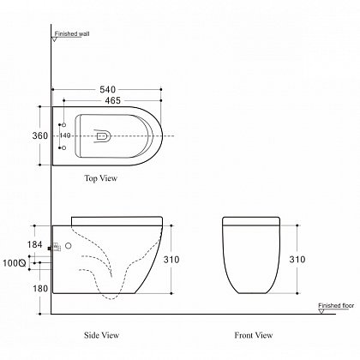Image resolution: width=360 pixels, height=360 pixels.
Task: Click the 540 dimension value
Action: pos(108,89)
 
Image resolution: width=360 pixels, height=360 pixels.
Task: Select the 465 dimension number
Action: pos(113,100)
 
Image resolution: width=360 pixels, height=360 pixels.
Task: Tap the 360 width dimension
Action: pos(40,135)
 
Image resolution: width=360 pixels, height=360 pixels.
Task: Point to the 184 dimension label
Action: pos(35,244)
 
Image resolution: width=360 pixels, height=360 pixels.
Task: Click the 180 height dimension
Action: pos(40,289)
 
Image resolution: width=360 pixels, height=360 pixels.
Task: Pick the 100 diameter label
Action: pos(15,263)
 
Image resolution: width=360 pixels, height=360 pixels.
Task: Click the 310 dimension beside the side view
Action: pos(171,260)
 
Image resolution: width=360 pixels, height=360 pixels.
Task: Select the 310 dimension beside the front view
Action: pos(297,260)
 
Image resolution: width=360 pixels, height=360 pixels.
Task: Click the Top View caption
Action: pos(101,178)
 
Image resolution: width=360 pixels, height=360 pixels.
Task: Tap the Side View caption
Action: pos(101,335)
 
